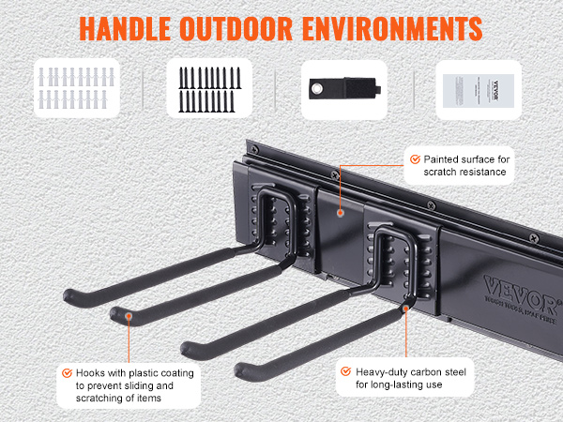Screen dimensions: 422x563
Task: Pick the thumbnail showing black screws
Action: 210,89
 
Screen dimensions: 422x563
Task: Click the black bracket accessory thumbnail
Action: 343,89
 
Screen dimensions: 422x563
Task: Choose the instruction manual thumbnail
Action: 478,89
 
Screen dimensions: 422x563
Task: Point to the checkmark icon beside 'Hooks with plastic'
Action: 67,371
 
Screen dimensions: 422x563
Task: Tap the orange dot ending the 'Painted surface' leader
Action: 340,211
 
